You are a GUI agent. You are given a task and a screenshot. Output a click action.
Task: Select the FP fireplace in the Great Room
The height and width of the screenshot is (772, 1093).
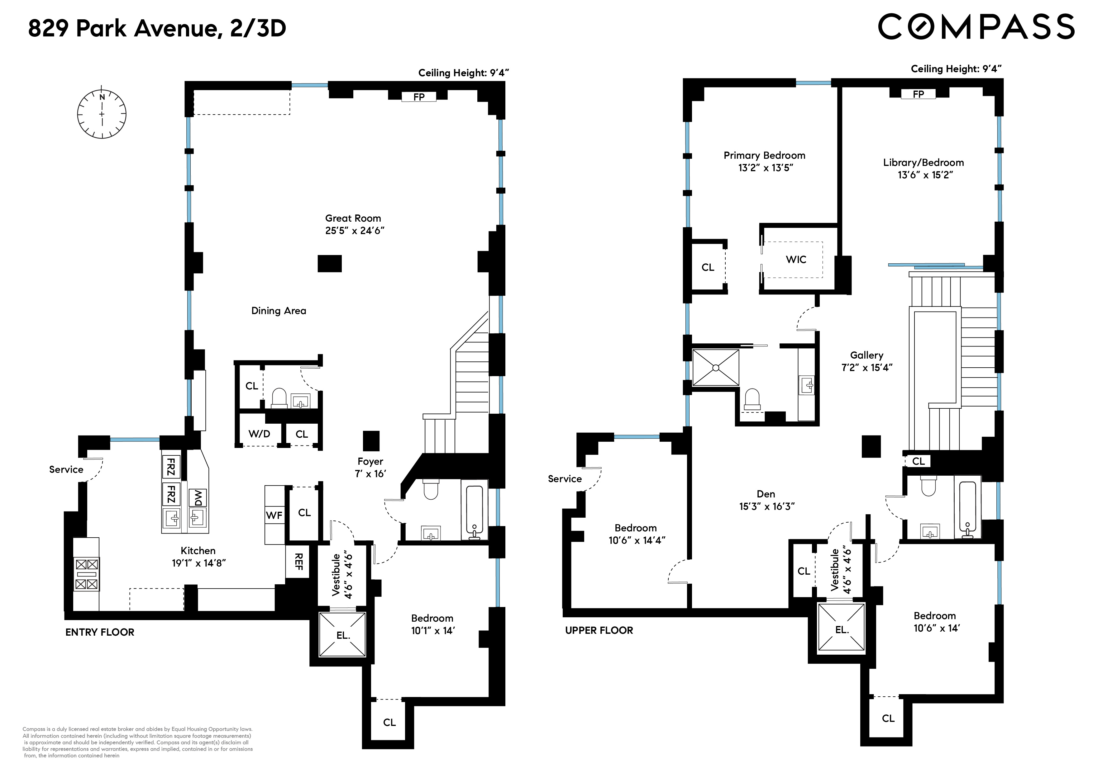coord(418,97)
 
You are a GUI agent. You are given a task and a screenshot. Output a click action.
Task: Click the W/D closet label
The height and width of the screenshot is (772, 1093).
coord(260,434)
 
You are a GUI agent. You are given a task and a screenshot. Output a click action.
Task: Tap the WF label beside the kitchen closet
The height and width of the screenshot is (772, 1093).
coord(274,515)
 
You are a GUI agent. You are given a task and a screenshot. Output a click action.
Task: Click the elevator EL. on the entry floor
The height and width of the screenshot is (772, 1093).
coord(343,635)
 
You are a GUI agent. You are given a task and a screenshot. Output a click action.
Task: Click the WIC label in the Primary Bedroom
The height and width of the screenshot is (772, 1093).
coord(796,260)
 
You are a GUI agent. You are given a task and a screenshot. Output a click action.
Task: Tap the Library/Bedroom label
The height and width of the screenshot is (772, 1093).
coord(923,163)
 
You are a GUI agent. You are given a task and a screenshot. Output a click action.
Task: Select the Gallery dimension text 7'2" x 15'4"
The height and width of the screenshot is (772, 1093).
coord(866,368)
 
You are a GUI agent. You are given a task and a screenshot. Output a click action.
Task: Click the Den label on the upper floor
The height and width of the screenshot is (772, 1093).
coord(766,494)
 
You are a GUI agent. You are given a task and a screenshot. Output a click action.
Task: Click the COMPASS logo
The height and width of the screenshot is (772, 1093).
coord(976,27)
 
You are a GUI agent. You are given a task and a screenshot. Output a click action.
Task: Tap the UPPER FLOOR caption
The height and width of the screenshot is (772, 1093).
coord(599,630)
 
